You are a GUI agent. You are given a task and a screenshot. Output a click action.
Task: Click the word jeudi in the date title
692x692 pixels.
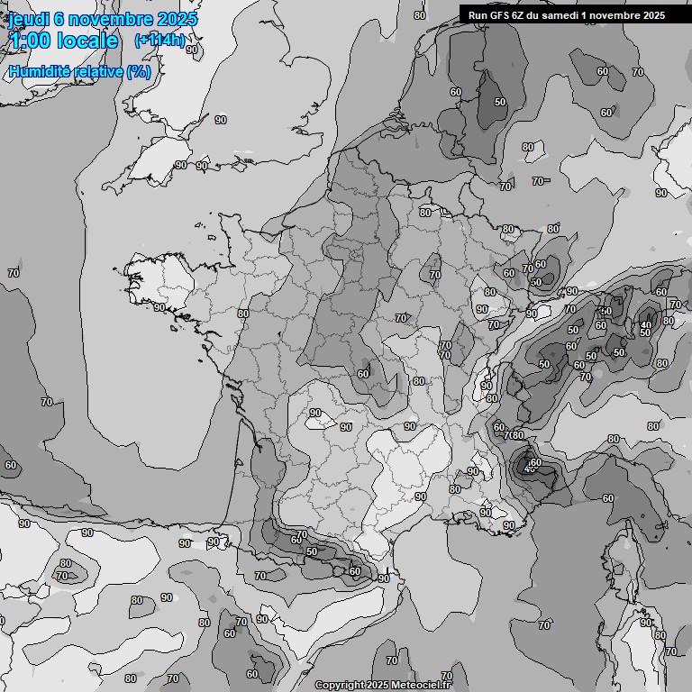coord(29,19)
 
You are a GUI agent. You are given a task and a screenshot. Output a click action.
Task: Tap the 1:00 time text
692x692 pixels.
coord(26,41)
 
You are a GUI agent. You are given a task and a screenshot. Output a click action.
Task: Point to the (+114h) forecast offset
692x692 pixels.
coord(159,41)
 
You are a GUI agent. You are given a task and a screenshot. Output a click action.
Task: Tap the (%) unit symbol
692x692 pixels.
coord(139,71)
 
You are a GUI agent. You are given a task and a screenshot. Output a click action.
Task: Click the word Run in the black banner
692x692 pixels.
coord(478,15)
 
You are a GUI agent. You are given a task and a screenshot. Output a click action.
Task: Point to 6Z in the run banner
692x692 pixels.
coord(519,15)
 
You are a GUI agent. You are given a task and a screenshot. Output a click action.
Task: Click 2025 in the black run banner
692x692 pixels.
coord(651,15)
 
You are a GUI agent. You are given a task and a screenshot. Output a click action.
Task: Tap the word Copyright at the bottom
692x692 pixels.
coord(339,685)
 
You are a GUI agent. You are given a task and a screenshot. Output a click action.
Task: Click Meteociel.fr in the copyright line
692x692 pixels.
coord(423,685)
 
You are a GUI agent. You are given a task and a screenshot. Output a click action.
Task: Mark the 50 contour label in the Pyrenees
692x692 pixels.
coord(312,551)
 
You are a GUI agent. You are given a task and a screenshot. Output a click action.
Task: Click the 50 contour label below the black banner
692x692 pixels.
coord(500,102)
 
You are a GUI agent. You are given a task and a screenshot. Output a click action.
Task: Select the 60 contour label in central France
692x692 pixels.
coord(362,374)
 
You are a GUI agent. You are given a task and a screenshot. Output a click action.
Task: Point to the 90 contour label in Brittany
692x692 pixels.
coord(159,307)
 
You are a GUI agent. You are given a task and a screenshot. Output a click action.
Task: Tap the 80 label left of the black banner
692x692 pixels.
coord(419,15)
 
